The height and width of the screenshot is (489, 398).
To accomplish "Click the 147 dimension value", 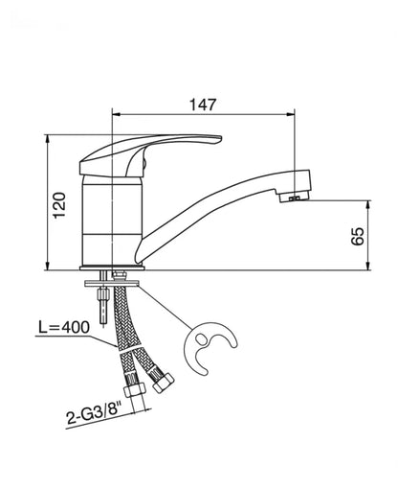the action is [203, 105].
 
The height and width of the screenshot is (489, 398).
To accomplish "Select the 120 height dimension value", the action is [59, 205].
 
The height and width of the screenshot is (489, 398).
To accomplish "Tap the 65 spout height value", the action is [358, 236].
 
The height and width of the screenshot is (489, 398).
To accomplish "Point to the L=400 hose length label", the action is [64, 327].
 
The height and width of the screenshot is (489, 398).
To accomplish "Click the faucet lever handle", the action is [150, 154].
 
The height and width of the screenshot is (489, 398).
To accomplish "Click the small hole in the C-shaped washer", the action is [202, 338].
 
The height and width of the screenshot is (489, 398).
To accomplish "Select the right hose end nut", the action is [163, 382].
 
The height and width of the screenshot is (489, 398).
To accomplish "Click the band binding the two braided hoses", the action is [129, 348].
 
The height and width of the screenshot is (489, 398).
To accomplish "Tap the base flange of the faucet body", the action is [112, 268].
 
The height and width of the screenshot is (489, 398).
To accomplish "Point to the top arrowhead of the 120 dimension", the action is [48, 139].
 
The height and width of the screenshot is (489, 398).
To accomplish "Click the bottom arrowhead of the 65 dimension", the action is [368, 266].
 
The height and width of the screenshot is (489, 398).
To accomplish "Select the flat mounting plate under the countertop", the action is [112, 283].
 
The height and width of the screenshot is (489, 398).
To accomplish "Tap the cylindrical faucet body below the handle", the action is [112, 221].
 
